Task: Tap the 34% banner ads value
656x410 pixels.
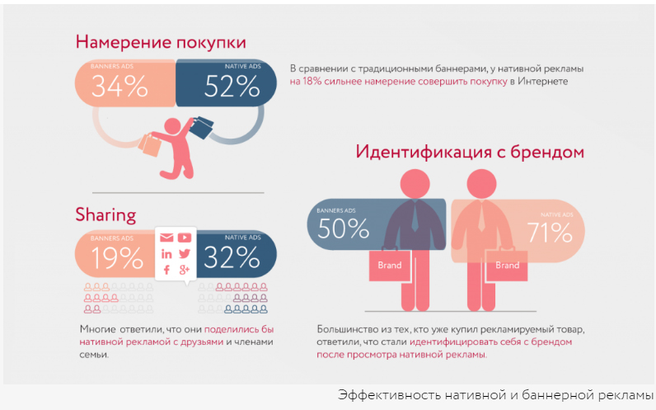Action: pyautogui.click(x=119, y=87)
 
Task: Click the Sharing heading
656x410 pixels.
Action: pyautogui.click(x=105, y=215)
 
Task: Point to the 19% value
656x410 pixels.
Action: pyautogui.click(x=117, y=258)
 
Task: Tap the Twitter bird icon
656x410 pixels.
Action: pyautogui.click(x=184, y=254)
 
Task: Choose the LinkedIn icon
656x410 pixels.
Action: pyautogui.click(x=166, y=254)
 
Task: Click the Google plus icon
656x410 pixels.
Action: pyautogui.click(x=184, y=270)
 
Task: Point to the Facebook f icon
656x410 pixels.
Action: pyautogui.click(x=166, y=270)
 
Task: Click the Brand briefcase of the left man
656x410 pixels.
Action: pyautogui.click(x=389, y=266)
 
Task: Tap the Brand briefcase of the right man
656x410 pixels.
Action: pyautogui.click(x=507, y=266)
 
